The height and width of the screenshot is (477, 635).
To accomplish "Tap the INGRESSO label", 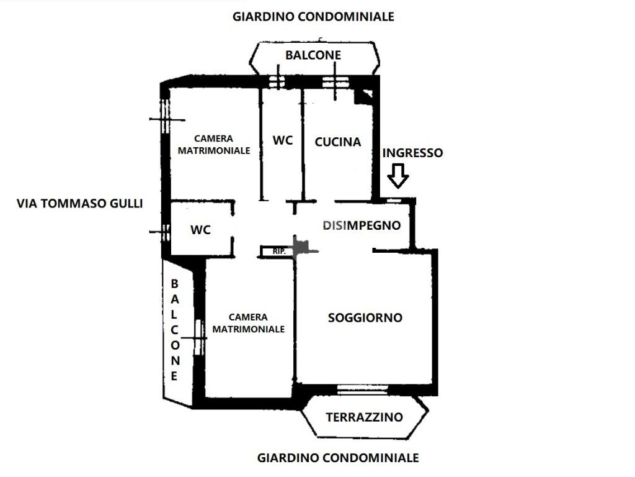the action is (x=412, y=153).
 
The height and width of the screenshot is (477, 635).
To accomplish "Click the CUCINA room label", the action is (x=337, y=142).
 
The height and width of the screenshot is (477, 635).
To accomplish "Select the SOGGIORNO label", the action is (x=365, y=318).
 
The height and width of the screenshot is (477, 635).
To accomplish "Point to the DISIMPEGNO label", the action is (x=362, y=225).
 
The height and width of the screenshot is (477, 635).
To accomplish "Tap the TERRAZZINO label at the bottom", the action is (x=364, y=417).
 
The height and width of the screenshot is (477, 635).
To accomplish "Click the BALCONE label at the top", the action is (x=313, y=55).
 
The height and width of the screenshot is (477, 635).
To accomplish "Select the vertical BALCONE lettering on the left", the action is (x=175, y=330).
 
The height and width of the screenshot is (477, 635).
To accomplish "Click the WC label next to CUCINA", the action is (x=282, y=140).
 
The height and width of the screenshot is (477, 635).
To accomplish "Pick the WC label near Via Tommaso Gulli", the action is (x=200, y=230).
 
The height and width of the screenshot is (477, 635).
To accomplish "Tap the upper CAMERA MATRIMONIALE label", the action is (x=213, y=145).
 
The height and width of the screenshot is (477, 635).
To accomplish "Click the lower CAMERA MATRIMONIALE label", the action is (x=249, y=323).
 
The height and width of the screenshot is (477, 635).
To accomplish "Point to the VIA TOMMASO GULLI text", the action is (x=79, y=203).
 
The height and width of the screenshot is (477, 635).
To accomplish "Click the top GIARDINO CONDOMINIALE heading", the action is (x=313, y=17).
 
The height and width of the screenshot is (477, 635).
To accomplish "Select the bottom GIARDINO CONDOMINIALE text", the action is (x=338, y=458).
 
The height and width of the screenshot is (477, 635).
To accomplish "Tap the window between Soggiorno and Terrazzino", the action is (x=362, y=390).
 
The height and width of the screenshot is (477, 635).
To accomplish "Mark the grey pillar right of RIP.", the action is (x=302, y=247).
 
